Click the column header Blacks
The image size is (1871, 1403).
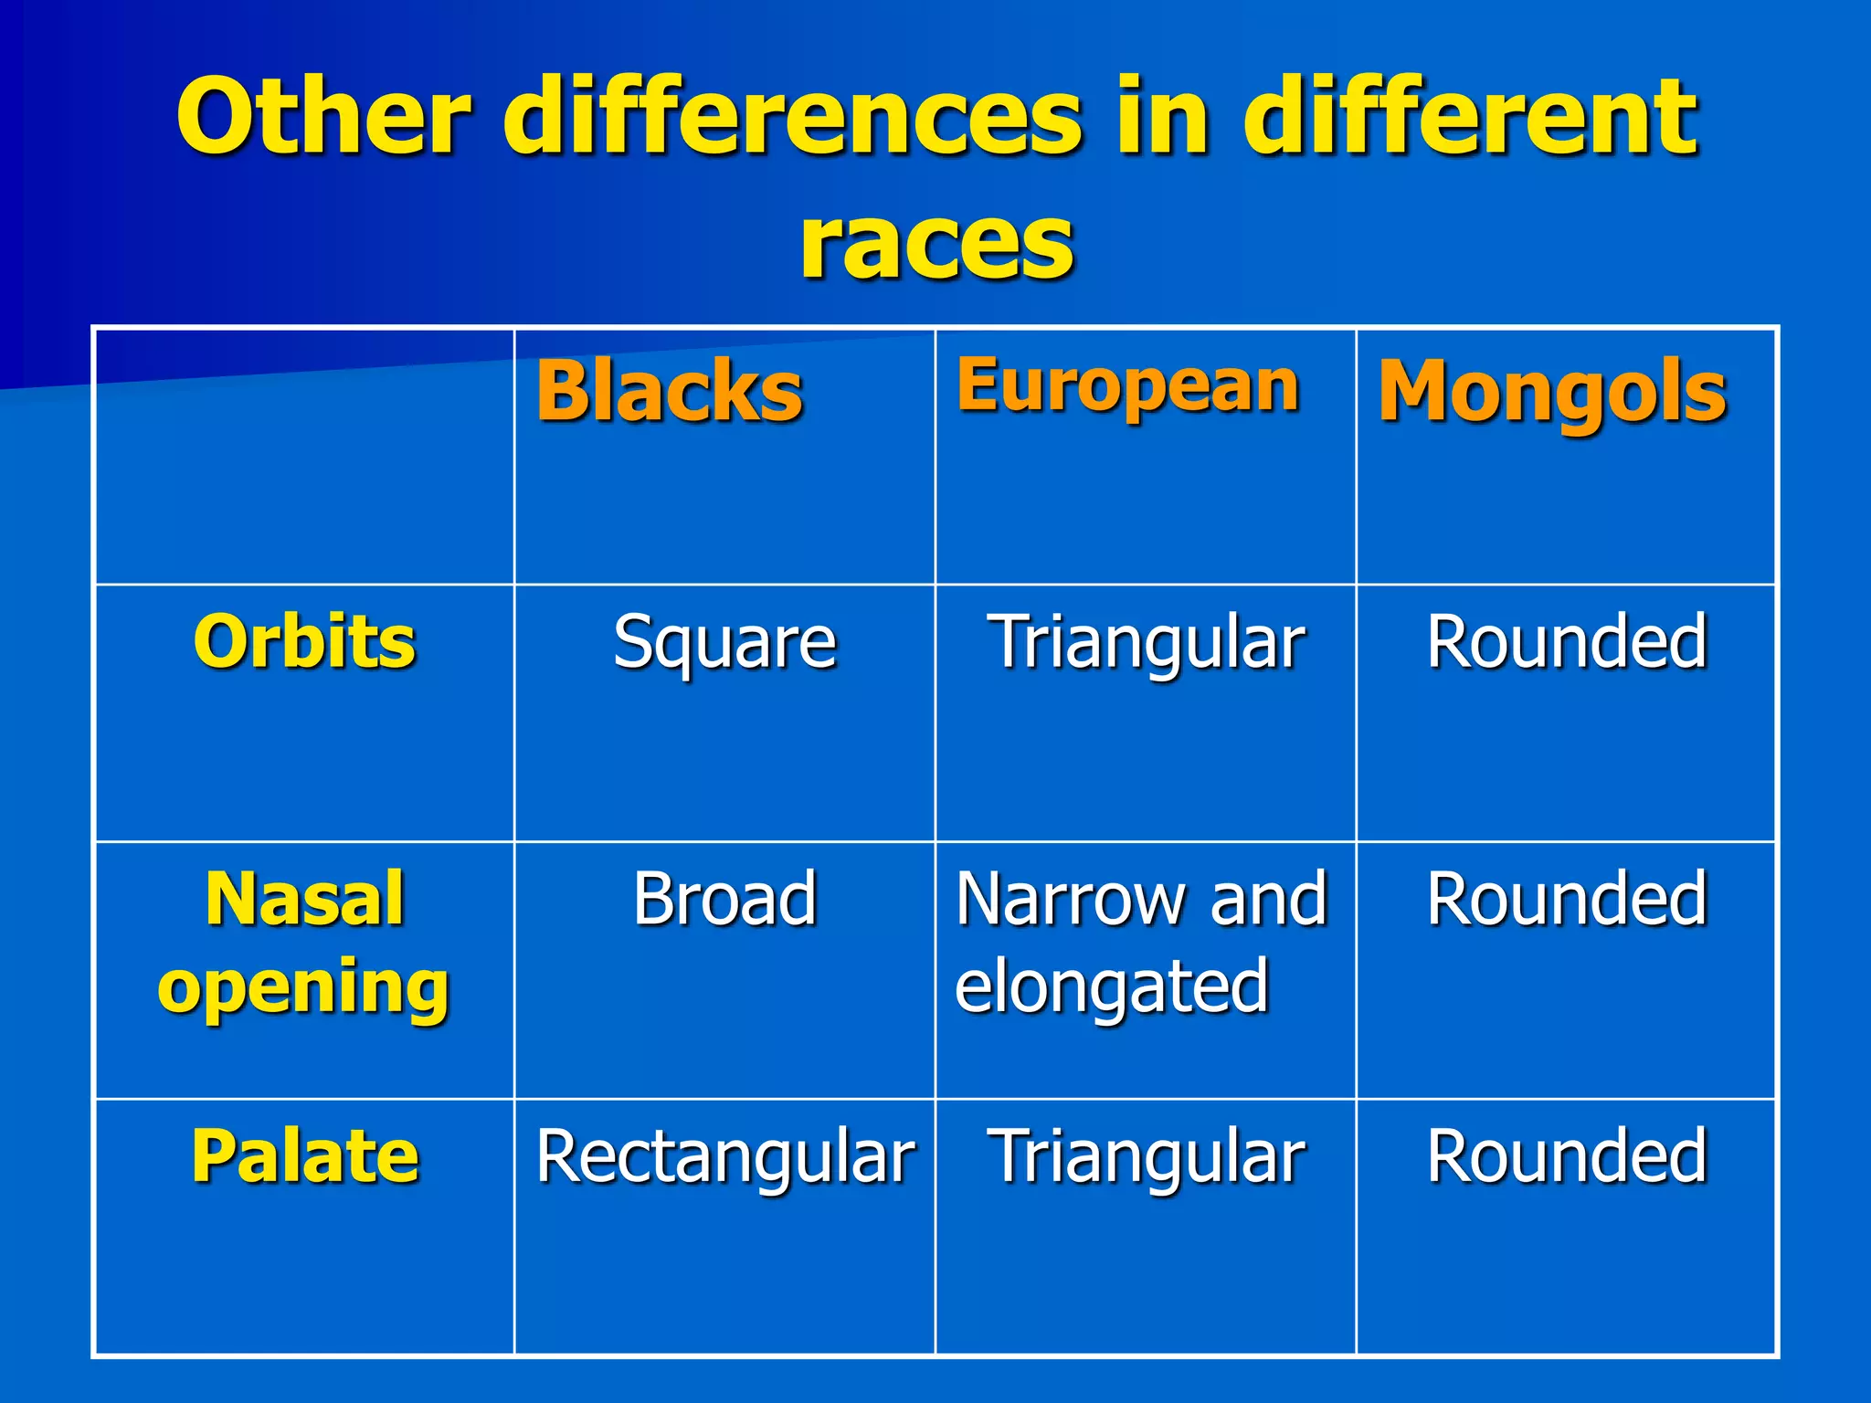click(x=670, y=391)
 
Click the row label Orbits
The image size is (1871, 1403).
click(x=304, y=641)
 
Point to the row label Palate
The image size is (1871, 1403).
click(x=304, y=1156)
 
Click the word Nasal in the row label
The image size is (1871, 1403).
click(x=304, y=899)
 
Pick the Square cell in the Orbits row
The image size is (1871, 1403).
click(x=724, y=643)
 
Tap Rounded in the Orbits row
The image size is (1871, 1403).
click(x=1567, y=641)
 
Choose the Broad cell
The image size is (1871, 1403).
click(x=724, y=899)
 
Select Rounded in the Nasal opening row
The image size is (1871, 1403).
click(x=1567, y=899)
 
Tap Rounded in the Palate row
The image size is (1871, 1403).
click(x=1567, y=1156)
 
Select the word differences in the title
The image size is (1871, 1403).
click(x=793, y=117)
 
